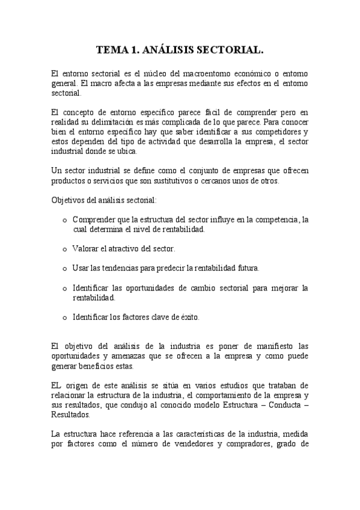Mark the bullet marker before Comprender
point(64,220)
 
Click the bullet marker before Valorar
point(64,248)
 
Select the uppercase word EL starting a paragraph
point(57,386)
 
